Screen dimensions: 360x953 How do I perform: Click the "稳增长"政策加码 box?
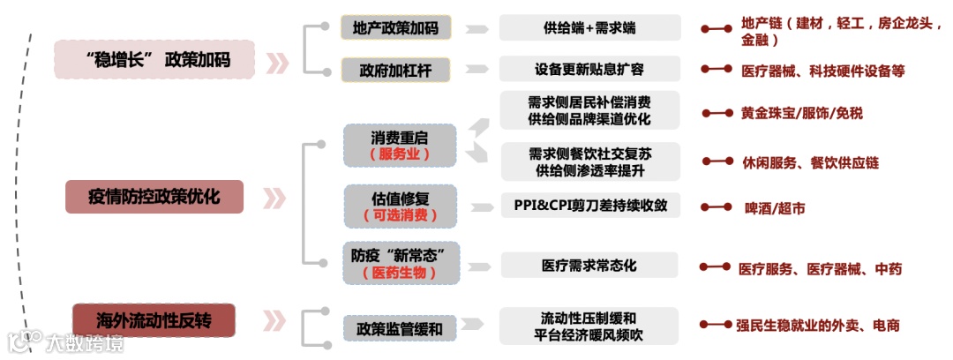pos(154,60)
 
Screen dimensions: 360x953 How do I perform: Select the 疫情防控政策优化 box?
pos(154,196)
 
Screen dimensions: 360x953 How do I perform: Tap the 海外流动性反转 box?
pos(154,319)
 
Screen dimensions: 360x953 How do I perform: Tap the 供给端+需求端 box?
pos(589,27)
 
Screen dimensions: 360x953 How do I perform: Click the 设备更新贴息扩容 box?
pos(589,69)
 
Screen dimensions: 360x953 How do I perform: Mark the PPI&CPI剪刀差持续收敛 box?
pos(590,206)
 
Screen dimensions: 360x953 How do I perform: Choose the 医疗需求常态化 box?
pos(589,265)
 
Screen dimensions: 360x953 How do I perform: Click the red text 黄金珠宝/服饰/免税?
pos(802,113)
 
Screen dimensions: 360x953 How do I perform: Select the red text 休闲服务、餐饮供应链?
pos(810,162)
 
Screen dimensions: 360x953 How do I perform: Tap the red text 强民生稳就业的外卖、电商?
pos(817,326)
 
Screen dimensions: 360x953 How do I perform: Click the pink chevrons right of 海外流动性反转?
pos(276,320)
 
